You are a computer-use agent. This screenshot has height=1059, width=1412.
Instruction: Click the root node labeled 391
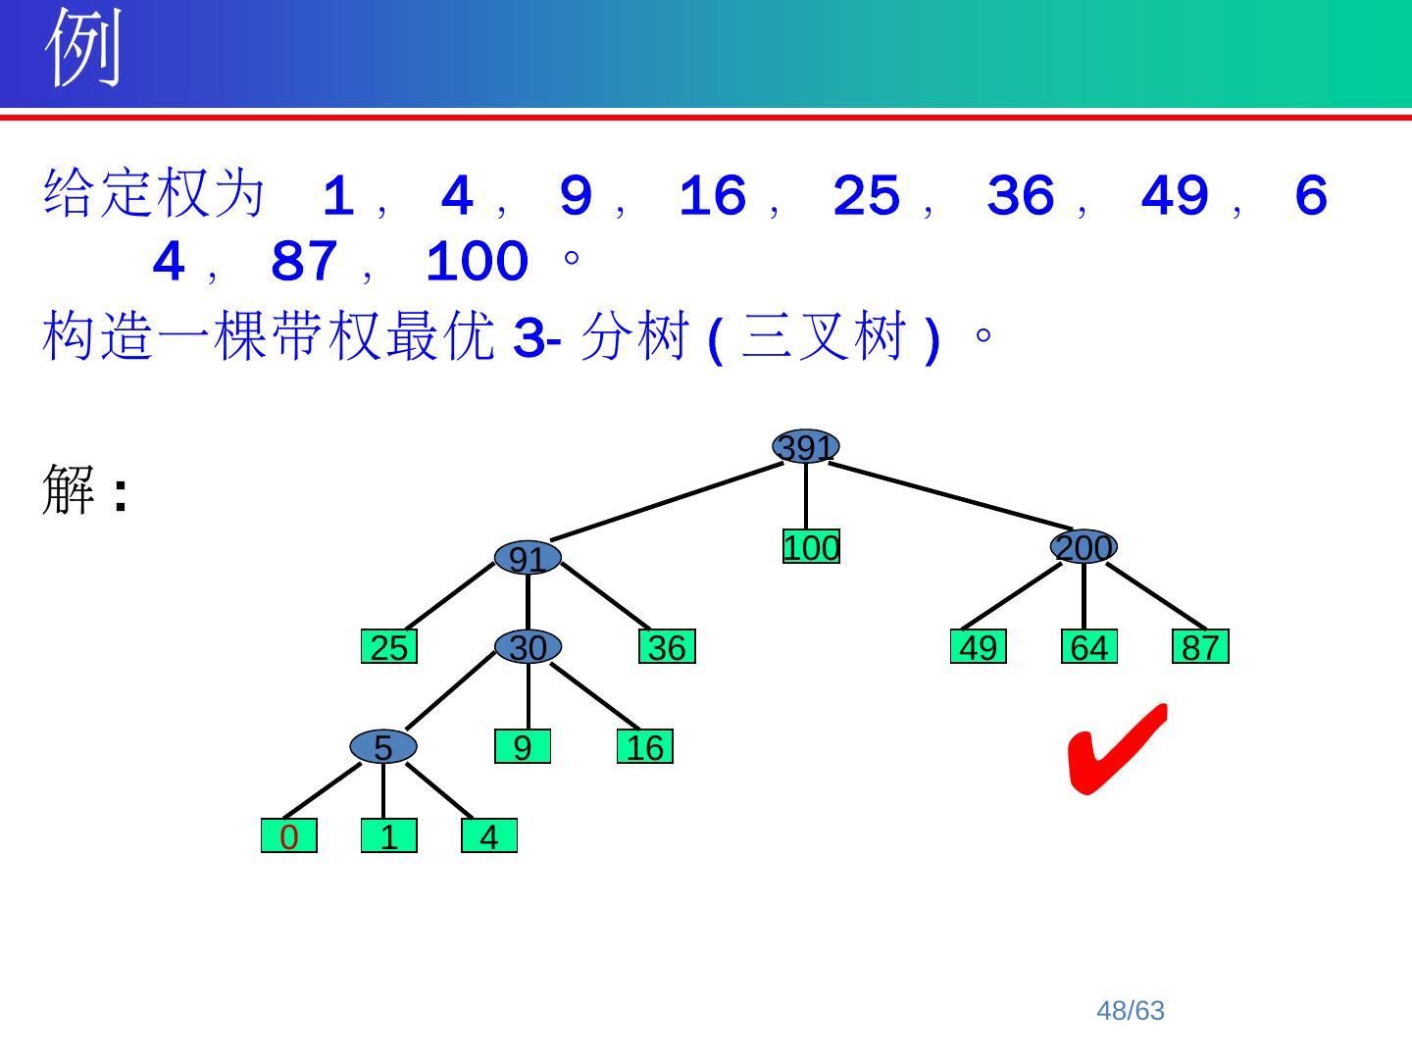point(806,447)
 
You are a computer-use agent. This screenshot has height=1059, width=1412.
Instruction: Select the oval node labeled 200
point(1084,547)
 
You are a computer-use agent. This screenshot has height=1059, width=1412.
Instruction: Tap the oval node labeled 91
point(528,558)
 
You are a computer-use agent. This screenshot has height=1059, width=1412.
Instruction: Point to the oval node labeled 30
point(528,647)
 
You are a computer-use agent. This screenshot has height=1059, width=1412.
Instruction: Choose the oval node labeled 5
point(383,747)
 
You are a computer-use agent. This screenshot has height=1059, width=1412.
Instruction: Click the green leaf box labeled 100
point(811,547)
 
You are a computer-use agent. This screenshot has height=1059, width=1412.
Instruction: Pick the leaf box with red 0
point(289,836)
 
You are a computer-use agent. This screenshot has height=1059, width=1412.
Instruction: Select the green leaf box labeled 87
point(1200,647)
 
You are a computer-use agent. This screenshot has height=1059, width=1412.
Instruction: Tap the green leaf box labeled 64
point(1089,647)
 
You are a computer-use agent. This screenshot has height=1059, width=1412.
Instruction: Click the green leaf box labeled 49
point(979,647)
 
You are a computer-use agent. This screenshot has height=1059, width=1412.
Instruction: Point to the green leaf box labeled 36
point(667,647)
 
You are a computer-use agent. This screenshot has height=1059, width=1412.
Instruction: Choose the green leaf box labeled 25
point(389,647)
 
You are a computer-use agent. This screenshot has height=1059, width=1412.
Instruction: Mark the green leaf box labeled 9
point(523,747)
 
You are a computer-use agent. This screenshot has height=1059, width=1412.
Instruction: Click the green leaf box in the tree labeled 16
point(645,747)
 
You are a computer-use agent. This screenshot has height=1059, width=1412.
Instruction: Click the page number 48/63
point(1131,1011)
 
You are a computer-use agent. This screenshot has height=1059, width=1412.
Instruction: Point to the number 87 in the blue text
point(303,262)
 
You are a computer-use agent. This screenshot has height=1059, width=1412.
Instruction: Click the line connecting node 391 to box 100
point(806,496)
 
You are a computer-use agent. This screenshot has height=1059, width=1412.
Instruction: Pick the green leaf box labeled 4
point(489,836)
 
